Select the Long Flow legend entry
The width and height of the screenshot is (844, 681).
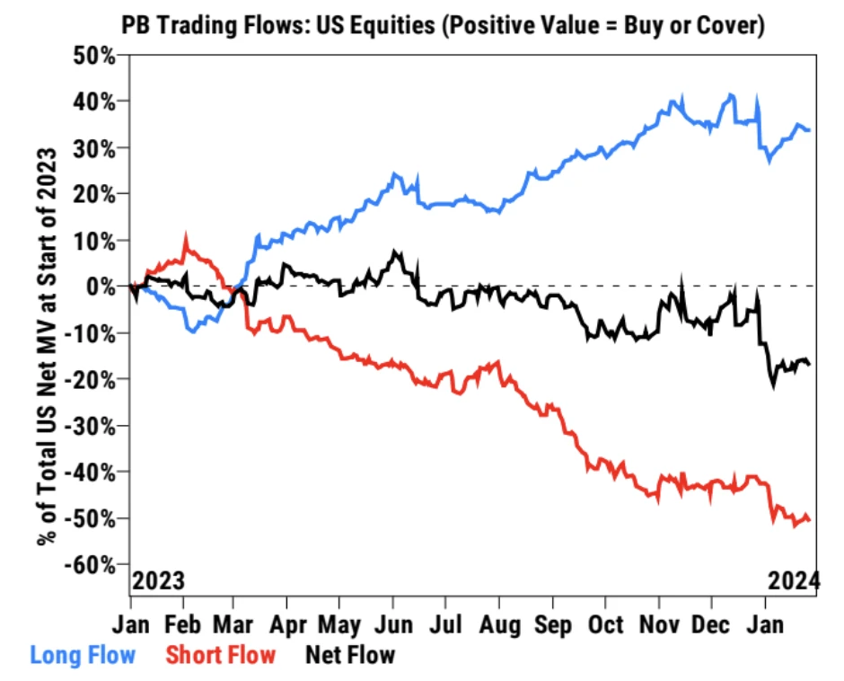click(83, 654)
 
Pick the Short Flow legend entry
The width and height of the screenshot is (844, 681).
click(220, 654)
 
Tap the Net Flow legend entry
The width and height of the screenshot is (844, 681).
click(350, 654)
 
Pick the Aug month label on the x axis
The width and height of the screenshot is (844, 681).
click(501, 624)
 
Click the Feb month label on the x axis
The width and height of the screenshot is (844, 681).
click(185, 624)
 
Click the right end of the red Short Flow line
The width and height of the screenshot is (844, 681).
click(810, 519)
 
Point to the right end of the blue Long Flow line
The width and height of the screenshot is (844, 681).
click(810, 130)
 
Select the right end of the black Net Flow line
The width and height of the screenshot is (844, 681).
click(810, 364)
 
